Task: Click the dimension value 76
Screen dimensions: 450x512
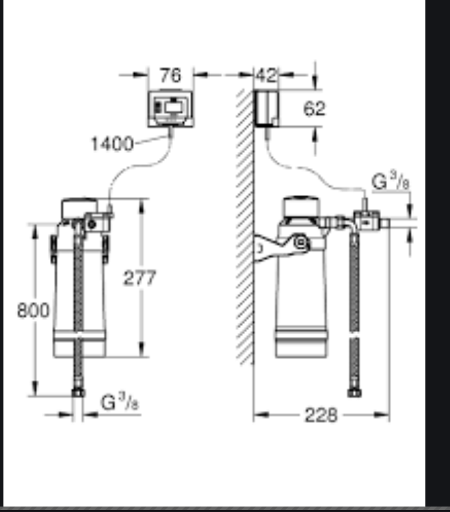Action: pyautogui.click(x=170, y=75)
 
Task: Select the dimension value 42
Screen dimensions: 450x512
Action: pyautogui.click(x=267, y=75)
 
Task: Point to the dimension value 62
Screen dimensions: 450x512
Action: pyautogui.click(x=315, y=109)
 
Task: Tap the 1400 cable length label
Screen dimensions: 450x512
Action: pyautogui.click(x=112, y=144)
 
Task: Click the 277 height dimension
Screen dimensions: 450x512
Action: pyautogui.click(x=140, y=278)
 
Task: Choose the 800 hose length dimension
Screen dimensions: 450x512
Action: pyautogui.click(x=34, y=310)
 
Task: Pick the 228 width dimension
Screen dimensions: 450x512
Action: pyautogui.click(x=321, y=416)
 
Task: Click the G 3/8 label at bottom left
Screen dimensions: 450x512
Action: pyautogui.click(x=120, y=402)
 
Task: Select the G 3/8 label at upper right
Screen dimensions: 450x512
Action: pyautogui.click(x=391, y=181)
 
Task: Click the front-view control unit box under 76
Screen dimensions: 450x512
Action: pyautogui.click(x=170, y=109)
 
